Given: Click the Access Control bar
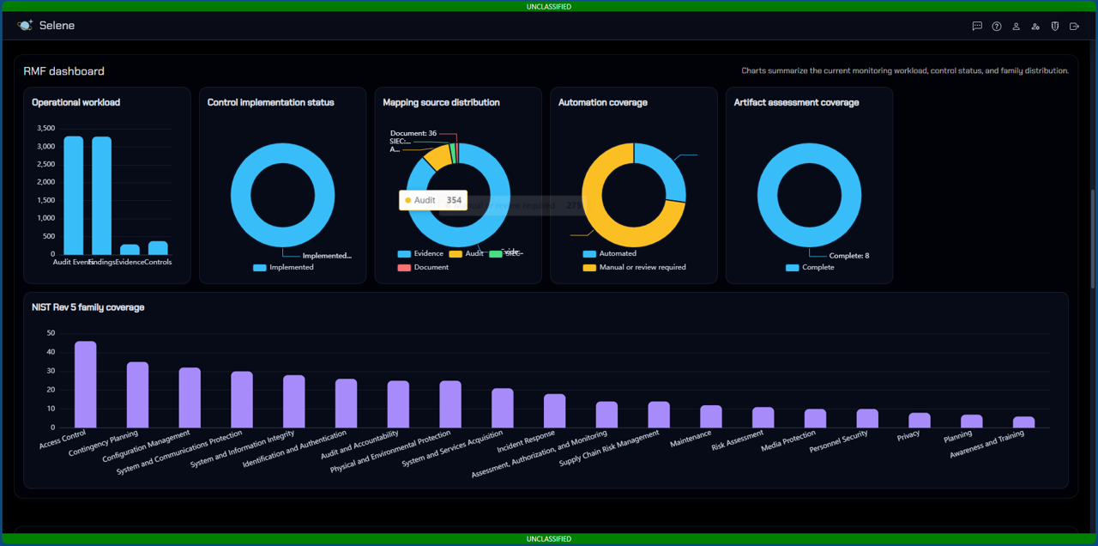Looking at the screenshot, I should pos(86,385).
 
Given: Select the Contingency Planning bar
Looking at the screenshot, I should pos(138,395).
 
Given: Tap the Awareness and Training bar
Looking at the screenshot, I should pos(1023,422).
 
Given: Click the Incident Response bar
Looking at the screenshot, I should pos(555,411).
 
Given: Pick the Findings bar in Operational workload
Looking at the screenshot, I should pos(102,196).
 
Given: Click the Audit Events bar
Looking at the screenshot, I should pos(74,196).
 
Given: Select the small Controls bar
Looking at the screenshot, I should pos(158,248).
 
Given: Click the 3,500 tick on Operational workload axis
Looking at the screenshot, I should pos(45,129).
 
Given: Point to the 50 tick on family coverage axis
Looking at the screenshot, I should pos(51,333).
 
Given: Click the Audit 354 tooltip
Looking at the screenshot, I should pos(433,200).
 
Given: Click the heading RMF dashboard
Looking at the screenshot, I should pos(64,71).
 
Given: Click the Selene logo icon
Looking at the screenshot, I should pos(25,26).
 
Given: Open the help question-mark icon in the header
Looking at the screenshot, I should pos(997,27).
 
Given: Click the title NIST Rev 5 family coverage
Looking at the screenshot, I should pos(88,307).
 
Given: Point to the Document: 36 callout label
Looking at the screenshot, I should pos(413,134).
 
